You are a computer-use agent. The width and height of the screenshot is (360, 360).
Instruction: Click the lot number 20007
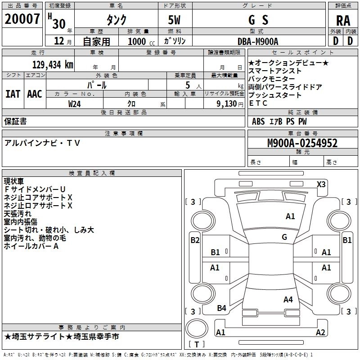pos(22,19)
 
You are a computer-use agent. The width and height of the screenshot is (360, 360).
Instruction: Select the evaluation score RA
pos(343,20)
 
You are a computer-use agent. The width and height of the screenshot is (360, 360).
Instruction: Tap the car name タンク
pos(116,20)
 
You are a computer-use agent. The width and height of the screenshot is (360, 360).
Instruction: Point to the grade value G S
pos(258,20)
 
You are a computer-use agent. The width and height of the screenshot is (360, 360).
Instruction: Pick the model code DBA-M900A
pos(258,41)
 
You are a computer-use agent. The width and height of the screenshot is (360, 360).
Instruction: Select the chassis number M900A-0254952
pos(302,143)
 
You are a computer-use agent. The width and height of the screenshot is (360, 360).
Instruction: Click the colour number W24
pos(75,103)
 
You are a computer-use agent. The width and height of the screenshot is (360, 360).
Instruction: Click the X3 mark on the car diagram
pos(321,184)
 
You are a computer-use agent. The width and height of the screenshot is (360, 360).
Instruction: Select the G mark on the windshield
pos(284,237)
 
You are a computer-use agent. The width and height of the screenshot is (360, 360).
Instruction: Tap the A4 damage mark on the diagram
pos(288,299)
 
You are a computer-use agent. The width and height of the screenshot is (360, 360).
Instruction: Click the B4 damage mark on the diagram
pos(221,308)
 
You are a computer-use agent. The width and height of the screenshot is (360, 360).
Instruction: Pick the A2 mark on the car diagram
pos(320,333)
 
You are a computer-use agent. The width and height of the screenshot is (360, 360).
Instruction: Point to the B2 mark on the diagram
pos(195,240)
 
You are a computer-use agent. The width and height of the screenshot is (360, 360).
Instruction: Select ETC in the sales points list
pos(258,103)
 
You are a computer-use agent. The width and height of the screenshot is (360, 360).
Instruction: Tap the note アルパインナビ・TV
pos(42,143)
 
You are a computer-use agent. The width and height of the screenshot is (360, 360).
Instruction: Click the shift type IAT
pos(13,94)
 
